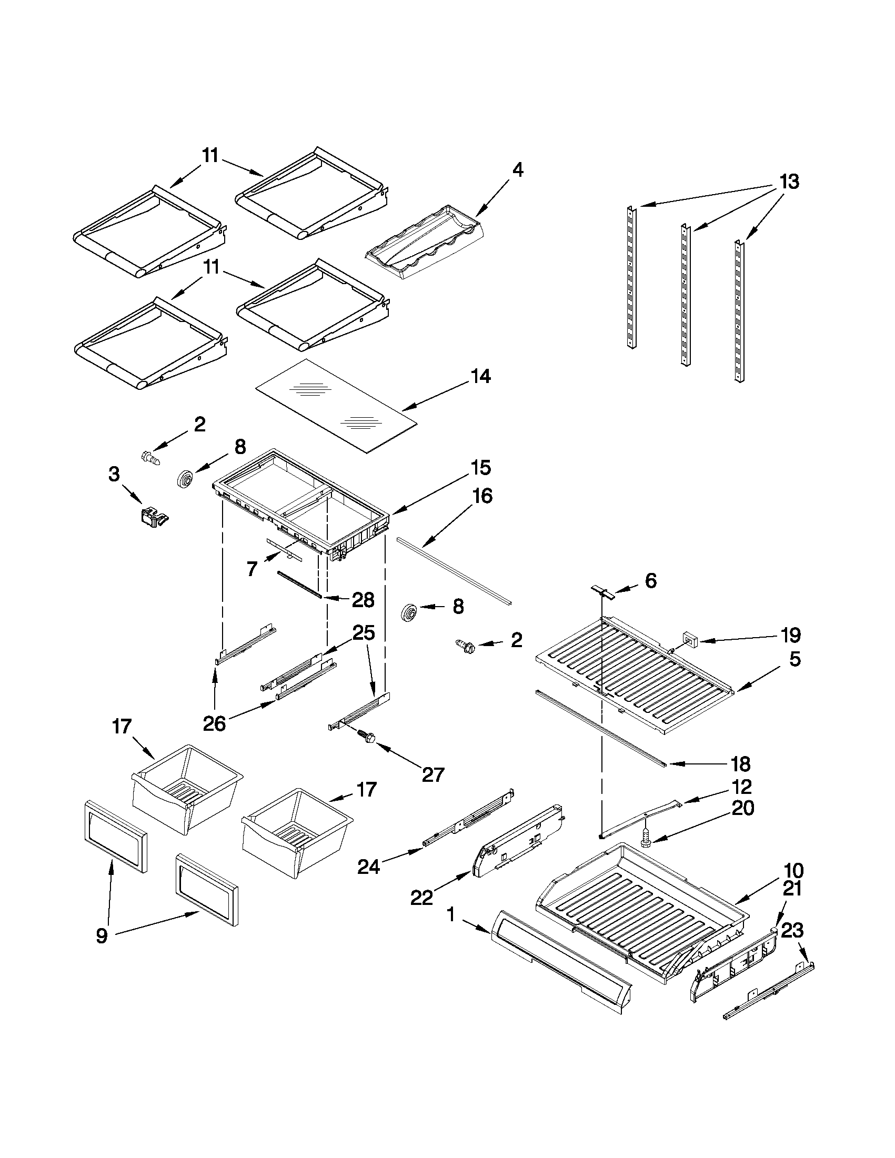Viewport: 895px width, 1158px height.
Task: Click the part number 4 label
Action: (517, 170)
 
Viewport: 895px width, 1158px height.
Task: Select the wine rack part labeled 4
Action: (425, 241)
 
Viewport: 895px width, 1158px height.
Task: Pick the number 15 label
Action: (480, 468)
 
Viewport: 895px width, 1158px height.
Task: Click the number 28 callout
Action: (363, 600)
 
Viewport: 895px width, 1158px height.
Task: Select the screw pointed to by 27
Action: (365, 736)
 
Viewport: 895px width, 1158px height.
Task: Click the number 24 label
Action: (369, 867)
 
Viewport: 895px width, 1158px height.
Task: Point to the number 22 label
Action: (421, 897)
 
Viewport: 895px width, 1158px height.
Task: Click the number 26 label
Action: (215, 723)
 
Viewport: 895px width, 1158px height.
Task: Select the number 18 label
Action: (741, 764)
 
